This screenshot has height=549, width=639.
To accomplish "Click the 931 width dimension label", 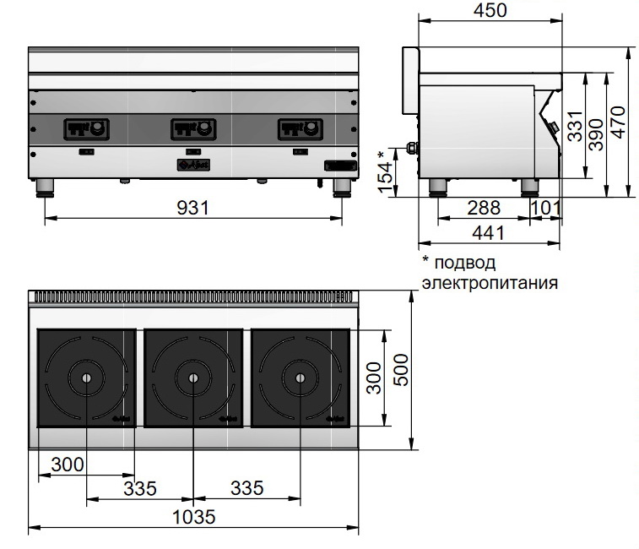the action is click(x=192, y=208).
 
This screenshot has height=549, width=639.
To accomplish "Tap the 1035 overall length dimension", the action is click(x=193, y=517).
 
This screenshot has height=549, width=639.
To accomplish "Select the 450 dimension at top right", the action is click(x=490, y=10).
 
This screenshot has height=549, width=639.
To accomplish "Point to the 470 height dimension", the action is click(x=618, y=122).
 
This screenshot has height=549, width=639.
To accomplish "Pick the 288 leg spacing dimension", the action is click(x=484, y=208).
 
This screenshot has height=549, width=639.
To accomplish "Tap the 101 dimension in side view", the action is click(x=546, y=208).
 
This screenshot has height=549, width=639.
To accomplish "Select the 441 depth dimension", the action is click(x=488, y=233).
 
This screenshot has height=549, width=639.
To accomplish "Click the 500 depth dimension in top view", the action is click(x=401, y=370).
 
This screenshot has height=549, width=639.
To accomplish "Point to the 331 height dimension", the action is click(x=575, y=126).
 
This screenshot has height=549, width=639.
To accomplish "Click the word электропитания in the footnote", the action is click(x=490, y=283).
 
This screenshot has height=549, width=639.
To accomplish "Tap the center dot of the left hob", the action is click(x=86, y=378).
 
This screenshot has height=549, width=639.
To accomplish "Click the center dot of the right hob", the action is click(x=301, y=378).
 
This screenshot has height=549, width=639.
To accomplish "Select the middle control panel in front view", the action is click(x=193, y=129).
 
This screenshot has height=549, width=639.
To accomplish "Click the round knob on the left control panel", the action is click(x=96, y=129).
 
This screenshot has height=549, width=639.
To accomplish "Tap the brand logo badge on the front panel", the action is click(x=193, y=165).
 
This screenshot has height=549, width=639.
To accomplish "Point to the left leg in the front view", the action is click(x=45, y=188).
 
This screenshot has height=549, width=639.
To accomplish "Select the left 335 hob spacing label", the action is click(x=140, y=488).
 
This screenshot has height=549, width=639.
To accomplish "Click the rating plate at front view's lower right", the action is click(x=340, y=166).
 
